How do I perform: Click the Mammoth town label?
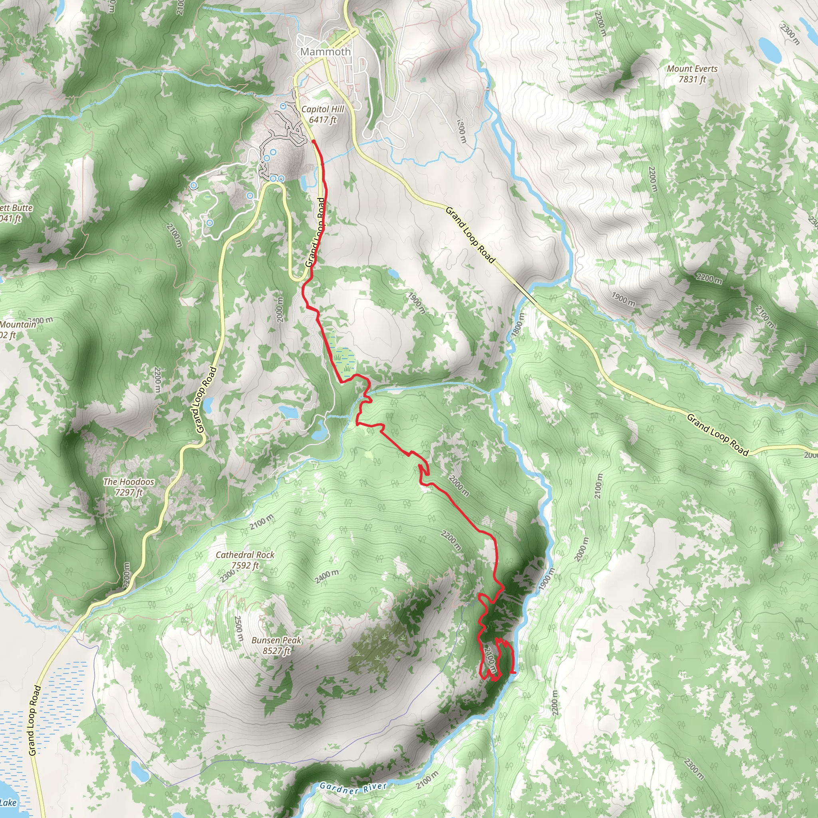pyautogui.click(x=325, y=52)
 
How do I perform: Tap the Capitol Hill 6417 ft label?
pyautogui.click(x=323, y=114)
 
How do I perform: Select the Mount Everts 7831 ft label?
pyautogui.click(x=692, y=73)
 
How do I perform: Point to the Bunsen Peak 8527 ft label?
pyautogui.click(x=276, y=645)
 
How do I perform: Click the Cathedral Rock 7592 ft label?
pyautogui.click(x=245, y=560)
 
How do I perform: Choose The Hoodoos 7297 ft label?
pyautogui.click(x=129, y=487)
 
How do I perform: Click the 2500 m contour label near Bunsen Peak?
pyautogui.click(x=239, y=628)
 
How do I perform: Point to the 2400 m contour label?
pyautogui.click(x=327, y=576)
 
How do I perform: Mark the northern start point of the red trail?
pyautogui.click(x=314, y=141)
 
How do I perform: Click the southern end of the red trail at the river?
pyautogui.click(x=514, y=672)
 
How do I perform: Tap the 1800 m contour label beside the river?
pyautogui.click(x=517, y=325)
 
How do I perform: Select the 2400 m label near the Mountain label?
pyautogui.click(x=41, y=320)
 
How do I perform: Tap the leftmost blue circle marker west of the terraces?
pyautogui.click(x=193, y=185)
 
